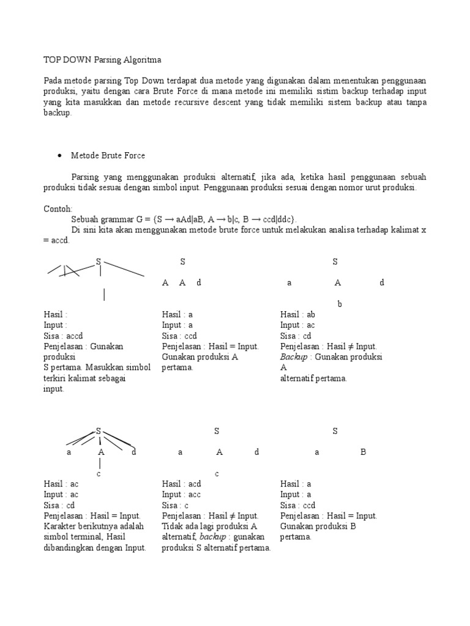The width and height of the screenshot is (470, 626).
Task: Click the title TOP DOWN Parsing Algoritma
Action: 102,60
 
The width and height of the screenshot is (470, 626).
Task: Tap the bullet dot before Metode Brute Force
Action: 59,156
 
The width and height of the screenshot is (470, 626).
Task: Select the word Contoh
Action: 58,208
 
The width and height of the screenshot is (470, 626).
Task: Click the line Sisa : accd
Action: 62,336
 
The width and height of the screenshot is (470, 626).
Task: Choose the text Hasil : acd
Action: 182,484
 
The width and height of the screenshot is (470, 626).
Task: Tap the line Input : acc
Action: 181,495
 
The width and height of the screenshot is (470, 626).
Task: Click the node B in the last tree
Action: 363,452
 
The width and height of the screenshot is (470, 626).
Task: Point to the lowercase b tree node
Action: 340,304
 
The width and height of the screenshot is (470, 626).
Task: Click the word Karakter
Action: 62,526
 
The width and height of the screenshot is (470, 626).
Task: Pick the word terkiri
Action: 57,378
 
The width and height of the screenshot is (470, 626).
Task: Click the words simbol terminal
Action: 75,537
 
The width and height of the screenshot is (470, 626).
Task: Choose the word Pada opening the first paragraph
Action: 53,81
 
